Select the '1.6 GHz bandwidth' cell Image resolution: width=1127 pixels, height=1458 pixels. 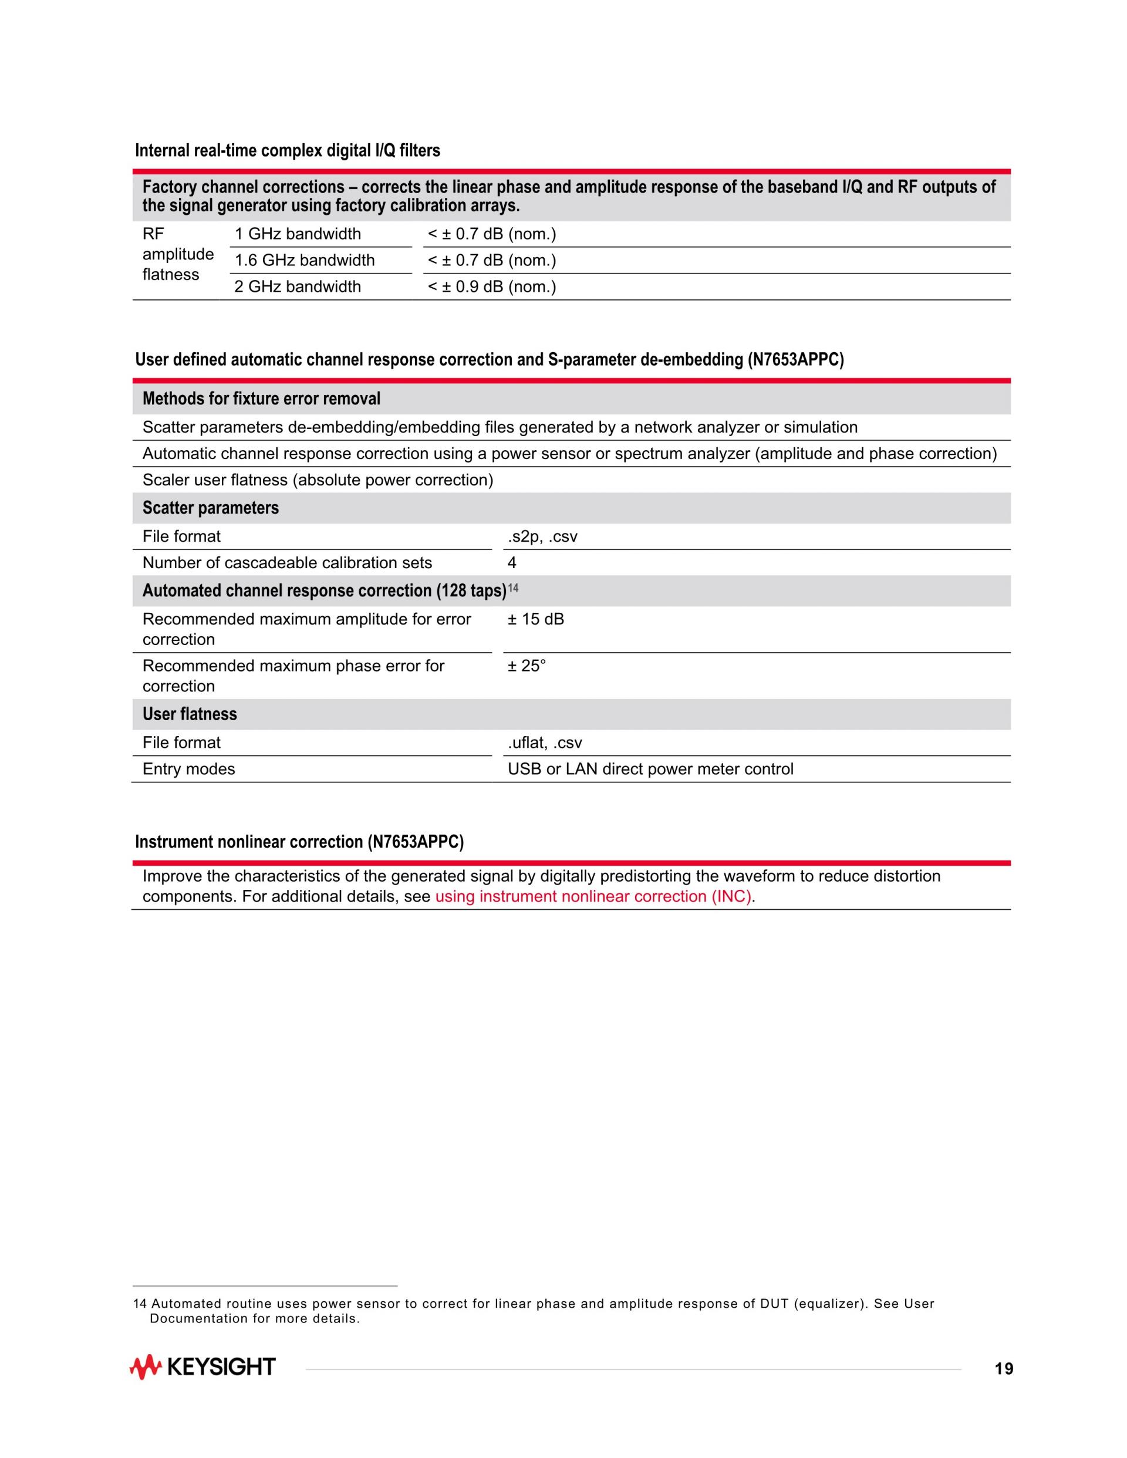(305, 261)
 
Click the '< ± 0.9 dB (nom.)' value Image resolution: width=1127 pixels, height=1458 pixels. (491, 287)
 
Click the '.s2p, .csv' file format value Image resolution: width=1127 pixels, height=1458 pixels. (542, 536)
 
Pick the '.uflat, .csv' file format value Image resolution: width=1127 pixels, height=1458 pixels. (545, 743)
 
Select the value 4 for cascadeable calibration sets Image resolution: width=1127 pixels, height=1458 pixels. (512, 563)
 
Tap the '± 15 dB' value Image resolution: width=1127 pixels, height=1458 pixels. (535, 619)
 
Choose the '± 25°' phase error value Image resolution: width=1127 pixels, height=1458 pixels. (527, 666)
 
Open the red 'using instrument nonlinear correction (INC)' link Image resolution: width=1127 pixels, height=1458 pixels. (593, 896)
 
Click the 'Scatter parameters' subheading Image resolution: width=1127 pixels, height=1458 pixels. (210, 508)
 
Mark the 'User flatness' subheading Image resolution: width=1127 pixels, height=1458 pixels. (190, 714)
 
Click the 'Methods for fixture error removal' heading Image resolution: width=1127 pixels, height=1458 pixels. (261, 399)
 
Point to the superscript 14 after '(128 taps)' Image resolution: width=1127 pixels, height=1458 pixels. (513, 588)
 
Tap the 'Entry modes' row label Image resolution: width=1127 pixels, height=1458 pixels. (189, 769)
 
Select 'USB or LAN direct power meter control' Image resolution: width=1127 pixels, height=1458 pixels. (650, 769)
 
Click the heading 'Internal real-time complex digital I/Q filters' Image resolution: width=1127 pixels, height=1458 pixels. (288, 151)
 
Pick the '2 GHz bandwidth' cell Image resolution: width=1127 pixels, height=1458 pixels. (297, 287)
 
